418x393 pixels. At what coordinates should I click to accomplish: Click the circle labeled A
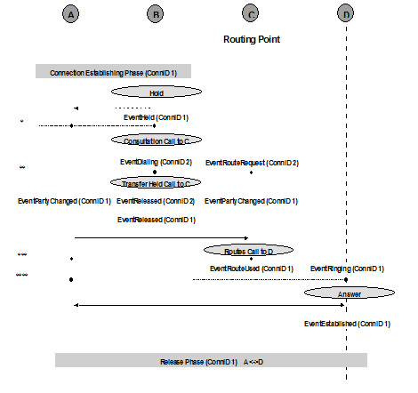point(71,14)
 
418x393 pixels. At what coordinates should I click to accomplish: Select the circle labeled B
point(156,14)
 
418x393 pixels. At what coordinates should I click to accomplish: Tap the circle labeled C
point(252,14)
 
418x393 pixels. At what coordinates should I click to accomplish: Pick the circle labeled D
point(346,14)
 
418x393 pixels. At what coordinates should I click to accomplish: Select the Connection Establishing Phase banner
point(113,72)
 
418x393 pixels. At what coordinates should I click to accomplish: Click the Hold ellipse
point(156,92)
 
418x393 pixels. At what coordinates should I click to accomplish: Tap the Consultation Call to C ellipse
point(156,140)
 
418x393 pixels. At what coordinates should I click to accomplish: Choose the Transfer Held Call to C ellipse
point(156,182)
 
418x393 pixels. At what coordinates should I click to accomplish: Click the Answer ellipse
point(347,292)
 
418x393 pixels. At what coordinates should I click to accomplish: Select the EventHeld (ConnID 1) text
point(156,117)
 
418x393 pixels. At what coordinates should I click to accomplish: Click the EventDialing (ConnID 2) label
point(156,163)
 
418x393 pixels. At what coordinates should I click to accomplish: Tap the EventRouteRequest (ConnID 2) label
point(252,163)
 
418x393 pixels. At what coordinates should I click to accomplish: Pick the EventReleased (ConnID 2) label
point(156,201)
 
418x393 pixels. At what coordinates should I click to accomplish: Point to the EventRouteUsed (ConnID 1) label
point(252,269)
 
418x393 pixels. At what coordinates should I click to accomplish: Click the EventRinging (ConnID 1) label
point(347,269)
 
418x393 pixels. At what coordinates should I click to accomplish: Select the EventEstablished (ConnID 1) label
point(347,325)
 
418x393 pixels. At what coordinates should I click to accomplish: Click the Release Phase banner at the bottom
point(211,360)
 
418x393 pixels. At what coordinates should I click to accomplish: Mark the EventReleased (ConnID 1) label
point(156,219)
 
